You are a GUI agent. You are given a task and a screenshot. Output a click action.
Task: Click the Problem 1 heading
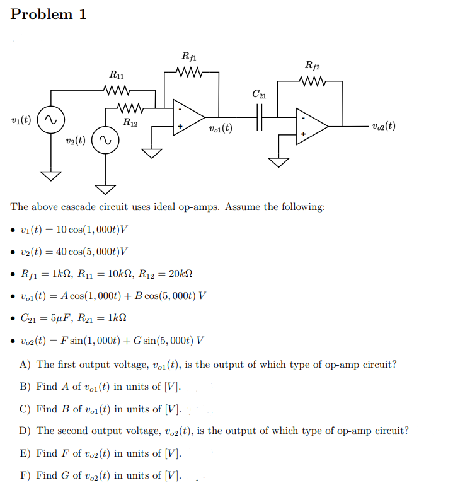pyautogui.click(x=49, y=15)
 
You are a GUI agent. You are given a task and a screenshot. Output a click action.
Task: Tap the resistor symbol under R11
pyautogui.click(x=117, y=89)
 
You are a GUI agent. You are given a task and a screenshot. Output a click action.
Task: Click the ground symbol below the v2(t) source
pyautogui.click(x=105, y=188)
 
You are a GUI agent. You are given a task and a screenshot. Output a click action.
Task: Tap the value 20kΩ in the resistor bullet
pyautogui.click(x=180, y=274)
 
